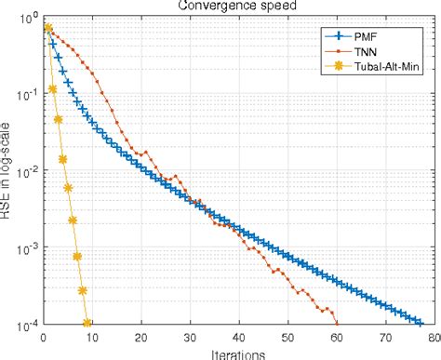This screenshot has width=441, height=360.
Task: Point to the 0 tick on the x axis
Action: coord(42,338)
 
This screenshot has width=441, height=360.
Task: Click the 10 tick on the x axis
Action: coord(91,338)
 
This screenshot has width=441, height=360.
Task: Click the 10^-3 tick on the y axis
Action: coord(24,248)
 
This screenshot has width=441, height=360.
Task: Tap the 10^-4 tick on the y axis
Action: coord(24,325)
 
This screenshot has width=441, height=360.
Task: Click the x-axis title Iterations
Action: coord(236,353)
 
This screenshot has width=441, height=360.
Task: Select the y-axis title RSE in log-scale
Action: coord(7,172)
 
